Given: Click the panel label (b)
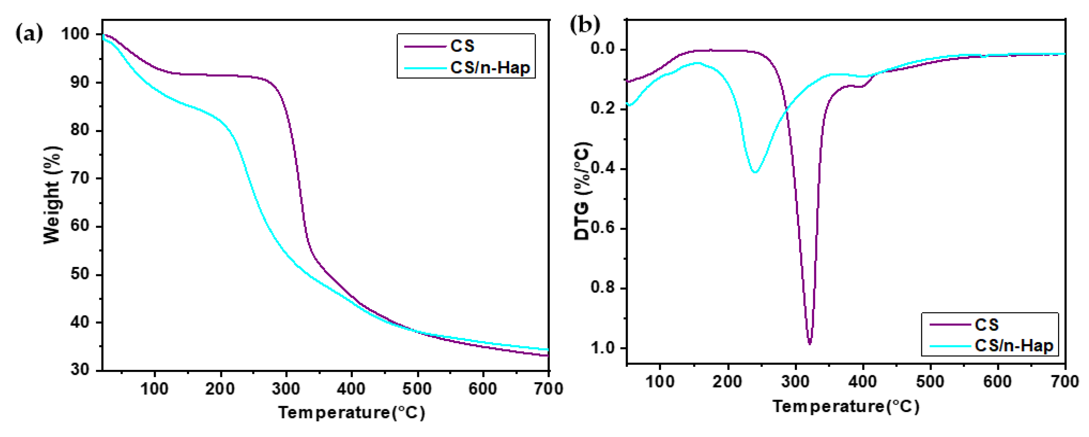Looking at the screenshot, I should [x=585, y=25].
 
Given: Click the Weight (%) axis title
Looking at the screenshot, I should [x=52, y=195].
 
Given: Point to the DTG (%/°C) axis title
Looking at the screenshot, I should [x=583, y=191].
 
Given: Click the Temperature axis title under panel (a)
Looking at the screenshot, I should [x=351, y=412].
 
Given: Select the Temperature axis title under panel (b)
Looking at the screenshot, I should [x=845, y=406].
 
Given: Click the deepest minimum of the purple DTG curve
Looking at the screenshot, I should [x=810, y=343].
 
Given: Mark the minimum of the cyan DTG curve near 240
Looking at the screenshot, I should [x=755, y=171].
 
